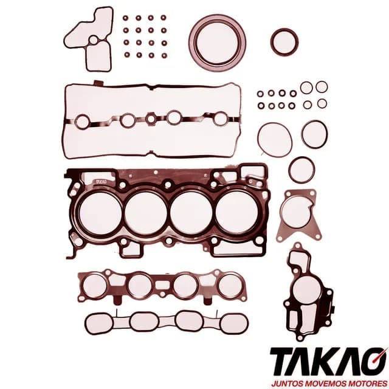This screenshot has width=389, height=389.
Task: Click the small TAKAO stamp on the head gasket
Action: click(x=101, y=181)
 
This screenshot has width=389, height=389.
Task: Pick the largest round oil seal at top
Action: click(x=218, y=43)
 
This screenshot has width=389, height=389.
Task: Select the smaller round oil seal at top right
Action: click(x=284, y=42)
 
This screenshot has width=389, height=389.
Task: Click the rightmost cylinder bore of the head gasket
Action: click(x=236, y=212)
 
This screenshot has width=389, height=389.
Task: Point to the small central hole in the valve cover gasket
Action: click(x=151, y=119)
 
